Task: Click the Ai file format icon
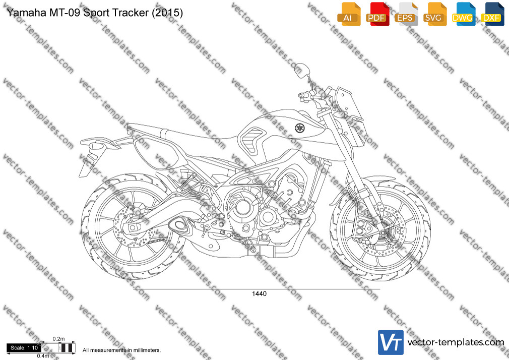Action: pyautogui.click(x=349, y=14)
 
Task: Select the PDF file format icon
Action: pyautogui.click(x=377, y=14)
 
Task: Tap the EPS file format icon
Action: pyautogui.click(x=406, y=14)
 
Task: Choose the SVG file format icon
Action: pyautogui.click(x=434, y=14)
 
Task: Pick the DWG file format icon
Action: pyautogui.click(x=464, y=14)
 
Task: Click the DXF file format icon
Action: pyautogui.click(x=492, y=14)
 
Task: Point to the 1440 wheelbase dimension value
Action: pyautogui.click(x=259, y=294)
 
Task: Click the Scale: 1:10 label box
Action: pyautogui.click(x=24, y=348)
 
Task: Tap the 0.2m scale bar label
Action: pyautogui.click(x=58, y=339)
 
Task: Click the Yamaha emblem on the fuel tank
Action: pyautogui.click(x=299, y=128)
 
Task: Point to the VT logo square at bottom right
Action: pyautogui.click(x=391, y=342)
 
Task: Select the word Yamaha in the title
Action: pyautogui.click(x=26, y=12)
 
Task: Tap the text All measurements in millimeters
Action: pyautogui.click(x=121, y=350)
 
